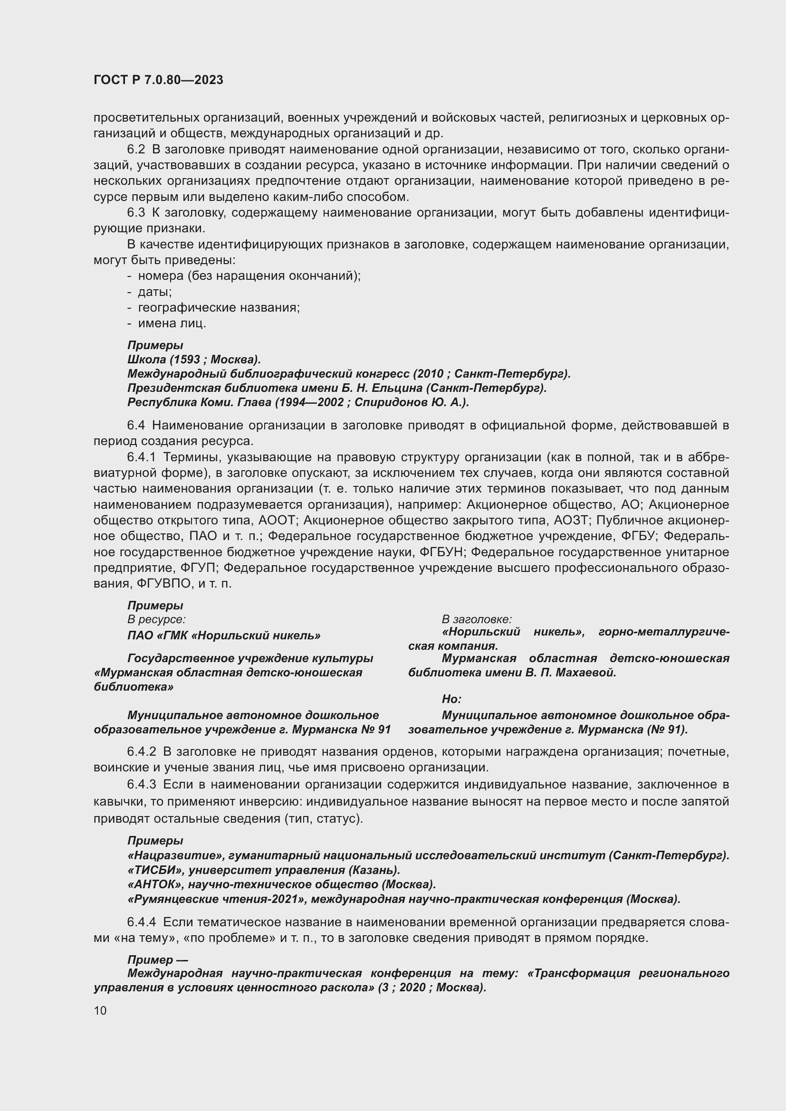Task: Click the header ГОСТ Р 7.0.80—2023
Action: pyautogui.click(x=158, y=80)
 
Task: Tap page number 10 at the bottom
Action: pyautogui.click(x=100, y=1010)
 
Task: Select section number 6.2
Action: pyautogui.click(x=135, y=149)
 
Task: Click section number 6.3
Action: pyautogui.click(x=135, y=212)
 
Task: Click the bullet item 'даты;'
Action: pyautogui.click(x=154, y=292)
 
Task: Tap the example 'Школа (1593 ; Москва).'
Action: pyautogui.click(x=194, y=360)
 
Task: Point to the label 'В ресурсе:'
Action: pyautogui.click(x=156, y=619)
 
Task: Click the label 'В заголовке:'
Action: pyautogui.click(x=476, y=619)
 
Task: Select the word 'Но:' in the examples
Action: pyautogui.click(x=451, y=699)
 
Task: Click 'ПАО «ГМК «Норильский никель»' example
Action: pyautogui.click(x=224, y=636)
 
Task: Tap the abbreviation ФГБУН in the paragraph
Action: pyautogui.click(x=442, y=552)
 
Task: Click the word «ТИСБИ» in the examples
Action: pyautogui.click(x=154, y=870)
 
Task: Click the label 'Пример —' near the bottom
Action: pyautogui.click(x=157, y=959)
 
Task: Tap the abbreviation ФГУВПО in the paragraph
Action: pyautogui.click(x=163, y=584)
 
